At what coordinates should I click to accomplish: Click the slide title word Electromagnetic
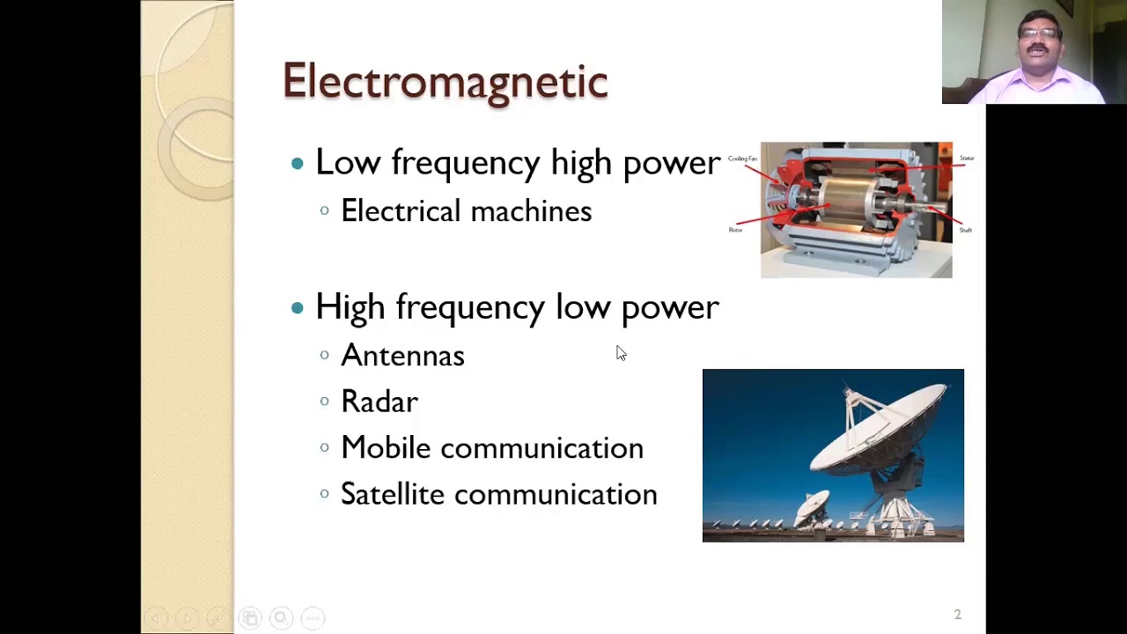pyautogui.click(x=445, y=81)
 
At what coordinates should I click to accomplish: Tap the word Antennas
pyautogui.click(x=402, y=356)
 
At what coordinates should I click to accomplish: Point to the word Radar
pyautogui.click(x=379, y=402)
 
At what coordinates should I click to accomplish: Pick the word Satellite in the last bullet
pyautogui.click(x=392, y=494)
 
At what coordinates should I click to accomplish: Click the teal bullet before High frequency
pyautogui.click(x=298, y=307)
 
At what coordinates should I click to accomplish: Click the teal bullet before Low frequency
pyautogui.click(x=298, y=163)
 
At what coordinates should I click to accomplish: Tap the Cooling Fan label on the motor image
pyautogui.click(x=742, y=158)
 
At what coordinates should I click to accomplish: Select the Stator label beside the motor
pyautogui.click(x=967, y=158)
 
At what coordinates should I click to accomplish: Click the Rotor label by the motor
pyautogui.click(x=735, y=230)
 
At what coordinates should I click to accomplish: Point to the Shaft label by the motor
pyautogui.click(x=966, y=230)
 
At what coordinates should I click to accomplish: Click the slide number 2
pyautogui.click(x=957, y=615)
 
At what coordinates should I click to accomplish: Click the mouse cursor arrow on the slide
pyautogui.click(x=621, y=353)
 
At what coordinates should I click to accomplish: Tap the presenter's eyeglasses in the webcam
pyautogui.click(x=1040, y=33)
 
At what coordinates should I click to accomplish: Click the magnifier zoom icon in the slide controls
pyautogui.click(x=281, y=618)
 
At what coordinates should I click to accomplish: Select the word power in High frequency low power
pyautogui.click(x=670, y=308)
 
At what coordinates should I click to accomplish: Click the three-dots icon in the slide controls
pyautogui.click(x=313, y=618)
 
